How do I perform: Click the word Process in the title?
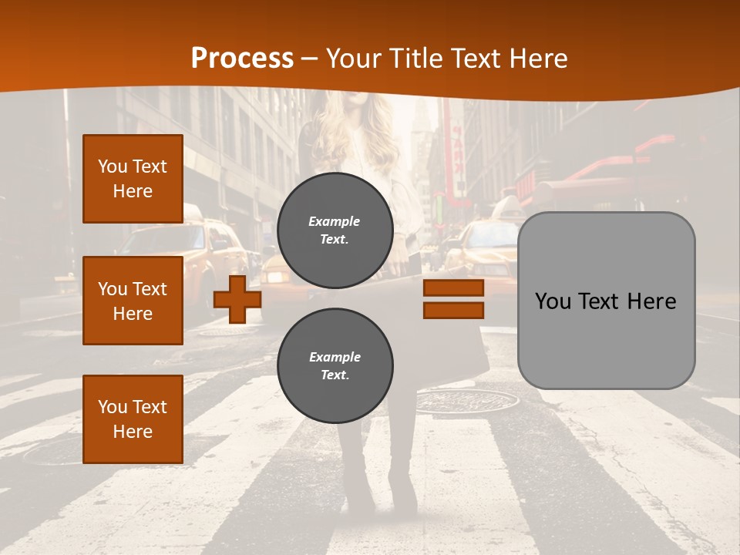242,59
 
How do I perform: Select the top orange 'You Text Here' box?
133,179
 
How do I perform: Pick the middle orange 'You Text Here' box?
133,301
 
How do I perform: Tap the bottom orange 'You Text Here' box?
133,419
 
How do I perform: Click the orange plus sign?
237,298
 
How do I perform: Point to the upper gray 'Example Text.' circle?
335,230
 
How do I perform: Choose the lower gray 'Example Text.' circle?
335,366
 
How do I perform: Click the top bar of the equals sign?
453,288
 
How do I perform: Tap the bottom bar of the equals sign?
453,310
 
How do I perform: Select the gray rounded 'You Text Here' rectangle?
606,300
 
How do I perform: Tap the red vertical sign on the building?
457,154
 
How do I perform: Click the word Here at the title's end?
538,59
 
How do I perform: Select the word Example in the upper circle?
335,221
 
